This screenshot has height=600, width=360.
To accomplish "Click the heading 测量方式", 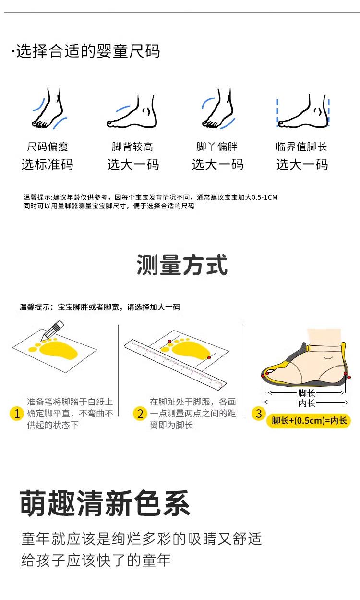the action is (182, 265).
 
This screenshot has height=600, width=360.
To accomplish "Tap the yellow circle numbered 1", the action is (17, 414).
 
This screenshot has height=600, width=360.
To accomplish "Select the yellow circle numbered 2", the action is (140, 414).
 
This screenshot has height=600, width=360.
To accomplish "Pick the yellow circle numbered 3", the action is (259, 414).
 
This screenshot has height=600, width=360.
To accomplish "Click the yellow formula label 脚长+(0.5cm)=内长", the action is (309, 420).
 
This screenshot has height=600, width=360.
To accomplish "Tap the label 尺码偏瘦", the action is (48, 147).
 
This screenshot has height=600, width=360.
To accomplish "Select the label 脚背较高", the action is (132, 147).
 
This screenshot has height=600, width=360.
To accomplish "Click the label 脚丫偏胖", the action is (217, 147).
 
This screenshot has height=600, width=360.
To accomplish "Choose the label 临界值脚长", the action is (301, 147).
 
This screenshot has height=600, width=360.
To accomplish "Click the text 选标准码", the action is (48, 164).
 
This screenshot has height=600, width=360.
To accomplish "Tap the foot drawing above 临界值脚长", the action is (303, 110).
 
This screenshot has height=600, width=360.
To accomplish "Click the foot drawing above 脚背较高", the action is (132, 110).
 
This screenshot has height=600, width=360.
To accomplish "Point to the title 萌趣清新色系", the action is (105, 503).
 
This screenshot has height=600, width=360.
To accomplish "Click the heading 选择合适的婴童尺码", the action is (86, 51).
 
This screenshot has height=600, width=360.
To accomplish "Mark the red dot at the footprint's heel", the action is (209, 357).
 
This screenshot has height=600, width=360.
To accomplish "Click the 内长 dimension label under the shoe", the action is (307, 403).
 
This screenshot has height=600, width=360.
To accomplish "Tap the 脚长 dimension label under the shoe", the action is (307, 393).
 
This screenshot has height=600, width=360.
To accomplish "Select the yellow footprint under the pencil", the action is (54, 348).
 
